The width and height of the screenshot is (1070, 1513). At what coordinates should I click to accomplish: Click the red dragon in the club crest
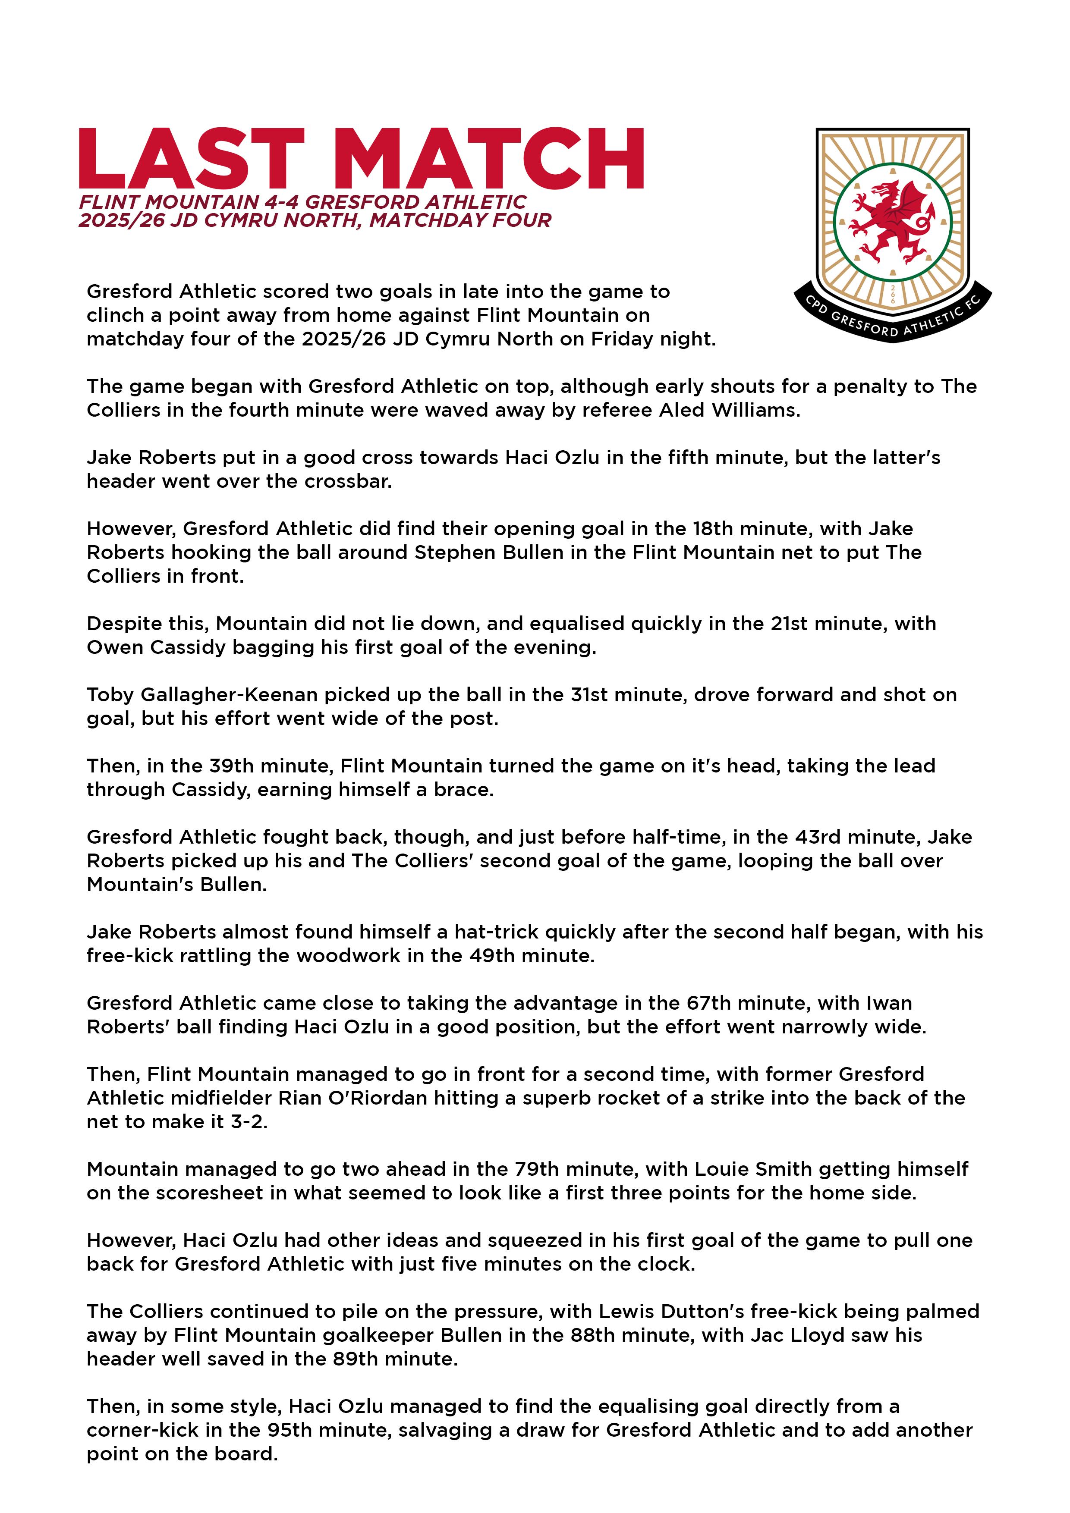coord(891,220)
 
